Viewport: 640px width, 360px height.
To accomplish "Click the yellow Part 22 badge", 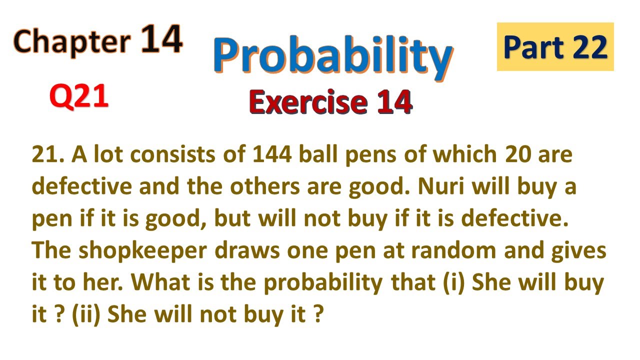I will tap(555, 46).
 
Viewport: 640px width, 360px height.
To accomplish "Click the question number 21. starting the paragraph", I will tap(48, 156).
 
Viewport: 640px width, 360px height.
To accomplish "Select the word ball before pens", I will tap(318, 156).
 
